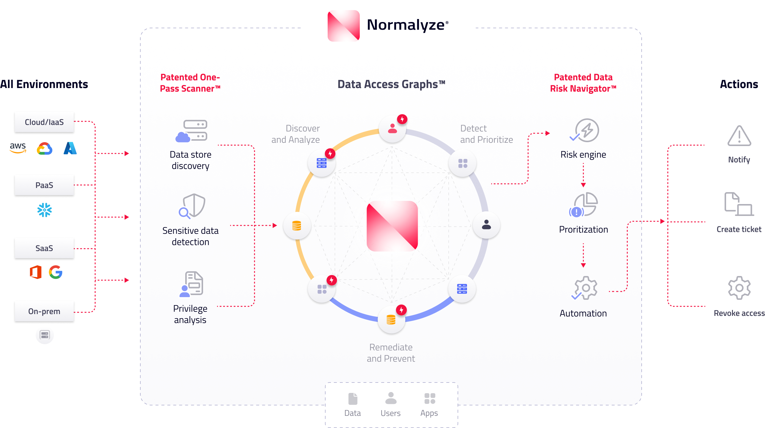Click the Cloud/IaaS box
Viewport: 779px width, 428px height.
pyautogui.click(x=44, y=122)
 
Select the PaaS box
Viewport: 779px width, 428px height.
pyautogui.click(x=44, y=185)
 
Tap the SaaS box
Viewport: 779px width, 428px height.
pyautogui.click(x=44, y=248)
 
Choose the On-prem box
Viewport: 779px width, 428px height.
pyautogui.click(x=44, y=311)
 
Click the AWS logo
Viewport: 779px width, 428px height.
pyautogui.click(x=18, y=148)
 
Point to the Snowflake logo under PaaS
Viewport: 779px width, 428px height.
pyautogui.click(x=45, y=210)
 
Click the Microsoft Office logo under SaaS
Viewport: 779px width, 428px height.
pyautogui.click(x=36, y=272)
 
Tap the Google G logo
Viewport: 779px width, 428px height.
pyautogui.click(x=56, y=272)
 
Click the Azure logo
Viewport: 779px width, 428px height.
pyautogui.click(x=70, y=148)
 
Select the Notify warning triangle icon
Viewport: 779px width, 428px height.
pyautogui.click(x=739, y=136)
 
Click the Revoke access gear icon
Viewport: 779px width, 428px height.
pyautogui.click(x=739, y=288)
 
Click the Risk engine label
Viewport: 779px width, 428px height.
pyautogui.click(x=583, y=155)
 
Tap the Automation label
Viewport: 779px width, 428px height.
pyautogui.click(x=583, y=313)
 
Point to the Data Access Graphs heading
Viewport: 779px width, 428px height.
pyautogui.click(x=391, y=84)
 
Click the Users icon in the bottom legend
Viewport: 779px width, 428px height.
pyautogui.click(x=391, y=398)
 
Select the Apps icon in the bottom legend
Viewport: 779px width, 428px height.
pyautogui.click(x=430, y=398)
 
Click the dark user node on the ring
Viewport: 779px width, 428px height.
pyautogui.click(x=486, y=225)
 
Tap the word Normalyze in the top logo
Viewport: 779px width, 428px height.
pyautogui.click(x=406, y=25)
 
